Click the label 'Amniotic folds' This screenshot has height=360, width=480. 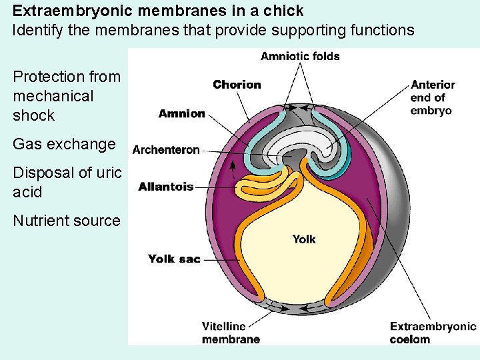[x=300, y=56]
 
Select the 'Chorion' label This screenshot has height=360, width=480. [x=237, y=85]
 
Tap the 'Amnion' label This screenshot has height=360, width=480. [x=181, y=113]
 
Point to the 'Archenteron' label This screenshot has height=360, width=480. [x=166, y=150]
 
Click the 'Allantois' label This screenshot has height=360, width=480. [x=166, y=187]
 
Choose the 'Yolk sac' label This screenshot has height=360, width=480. [x=174, y=259]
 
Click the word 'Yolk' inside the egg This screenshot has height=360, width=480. [x=304, y=239]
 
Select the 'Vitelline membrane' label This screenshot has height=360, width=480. [x=231, y=333]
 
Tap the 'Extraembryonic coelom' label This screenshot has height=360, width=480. [x=433, y=333]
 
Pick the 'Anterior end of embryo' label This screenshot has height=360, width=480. [x=432, y=97]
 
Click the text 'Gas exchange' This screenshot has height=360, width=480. [x=65, y=144]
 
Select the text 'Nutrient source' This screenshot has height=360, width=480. [x=67, y=221]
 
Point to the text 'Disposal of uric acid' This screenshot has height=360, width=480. [x=67, y=182]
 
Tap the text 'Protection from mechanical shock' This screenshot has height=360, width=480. [x=67, y=96]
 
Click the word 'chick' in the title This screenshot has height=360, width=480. [x=284, y=11]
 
